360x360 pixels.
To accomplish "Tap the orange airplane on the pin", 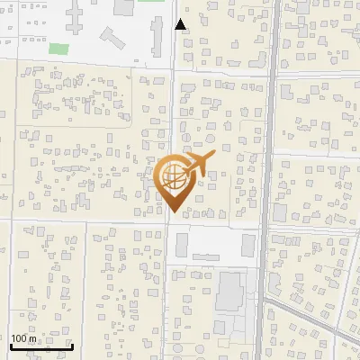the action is pos(197,165).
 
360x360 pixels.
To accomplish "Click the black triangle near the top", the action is pos(181,24).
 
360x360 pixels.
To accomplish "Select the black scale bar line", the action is pos(41,346).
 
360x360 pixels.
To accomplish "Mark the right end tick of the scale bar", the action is pos(72,344).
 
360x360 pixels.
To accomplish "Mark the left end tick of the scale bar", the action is pos(11,344).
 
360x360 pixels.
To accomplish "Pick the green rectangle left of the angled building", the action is pos(58,48).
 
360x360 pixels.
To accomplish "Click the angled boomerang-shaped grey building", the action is pos(112,38).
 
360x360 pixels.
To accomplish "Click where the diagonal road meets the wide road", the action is pos(267,296).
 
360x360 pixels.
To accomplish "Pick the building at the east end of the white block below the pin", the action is pos(247,245).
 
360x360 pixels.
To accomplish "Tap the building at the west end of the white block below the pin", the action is pos(183,244).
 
